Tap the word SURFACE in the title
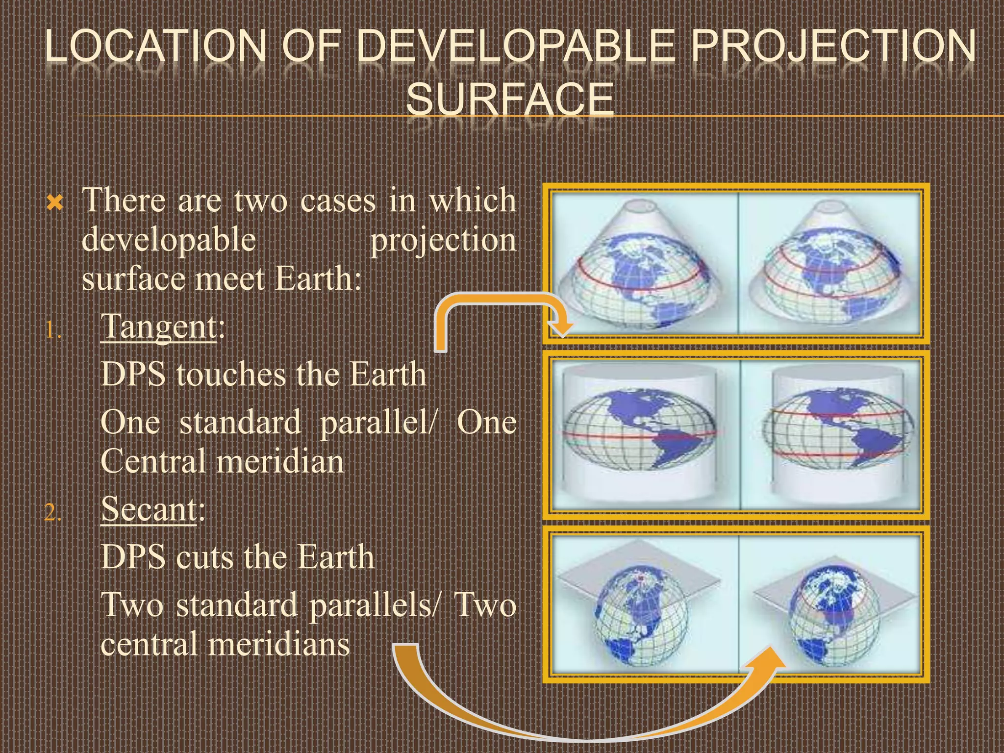[x=510, y=99]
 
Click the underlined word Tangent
[x=158, y=326]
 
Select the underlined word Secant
[x=149, y=509]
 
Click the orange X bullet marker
[x=55, y=202]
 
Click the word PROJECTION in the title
[x=833, y=47]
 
